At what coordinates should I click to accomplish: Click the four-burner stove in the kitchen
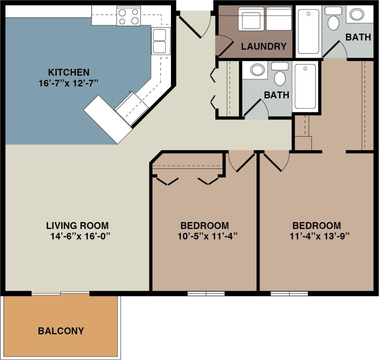[128, 17]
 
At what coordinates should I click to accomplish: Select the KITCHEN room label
[69, 73]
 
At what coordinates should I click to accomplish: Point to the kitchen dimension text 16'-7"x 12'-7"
[69, 83]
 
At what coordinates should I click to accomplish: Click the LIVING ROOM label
[78, 225]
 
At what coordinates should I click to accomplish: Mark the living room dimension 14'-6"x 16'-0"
[80, 236]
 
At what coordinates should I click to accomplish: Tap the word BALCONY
[61, 331]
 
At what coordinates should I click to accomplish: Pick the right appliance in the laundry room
[279, 18]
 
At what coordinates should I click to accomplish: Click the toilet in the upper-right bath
[334, 21]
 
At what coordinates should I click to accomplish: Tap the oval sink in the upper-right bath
[357, 15]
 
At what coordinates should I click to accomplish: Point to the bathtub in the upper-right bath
[308, 31]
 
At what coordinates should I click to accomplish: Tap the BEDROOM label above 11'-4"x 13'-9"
[316, 225]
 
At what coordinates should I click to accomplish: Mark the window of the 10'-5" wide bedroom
[206, 294]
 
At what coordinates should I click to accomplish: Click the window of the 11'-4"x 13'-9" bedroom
[289, 294]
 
